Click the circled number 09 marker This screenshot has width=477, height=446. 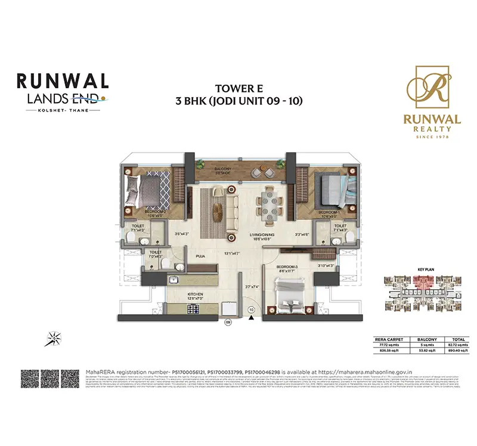tap(227, 323)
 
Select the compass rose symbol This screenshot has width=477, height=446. tap(53, 338)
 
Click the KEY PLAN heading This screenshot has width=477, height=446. tap(426, 270)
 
